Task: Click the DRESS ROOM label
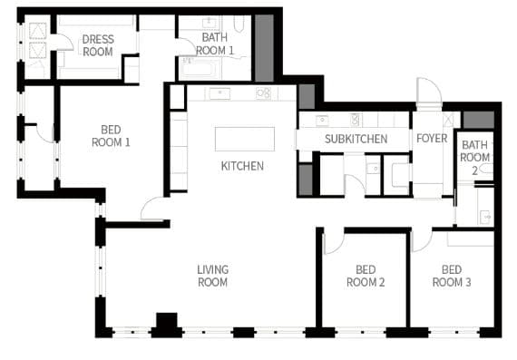click(x=98, y=45)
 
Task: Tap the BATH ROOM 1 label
click(x=215, y=44)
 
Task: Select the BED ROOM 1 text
click(x=111, y=136)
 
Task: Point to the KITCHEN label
click(x=242, y=166)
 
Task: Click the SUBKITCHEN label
click(x=356, y=139)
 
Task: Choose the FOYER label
click(x=432, y=138)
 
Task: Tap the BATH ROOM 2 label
click(x=474, y=158)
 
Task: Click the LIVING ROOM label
click(x=212, y=276)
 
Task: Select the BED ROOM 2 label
click(x=366, y=276)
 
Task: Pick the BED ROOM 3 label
click(x=452, y=276)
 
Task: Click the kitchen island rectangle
click(x=245, y=139)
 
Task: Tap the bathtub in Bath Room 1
click(x=199, y=69)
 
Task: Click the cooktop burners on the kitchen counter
click(x=263, y=93)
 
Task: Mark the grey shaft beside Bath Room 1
click(x=264, y=48)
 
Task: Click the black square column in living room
click(x=167, y=320)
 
